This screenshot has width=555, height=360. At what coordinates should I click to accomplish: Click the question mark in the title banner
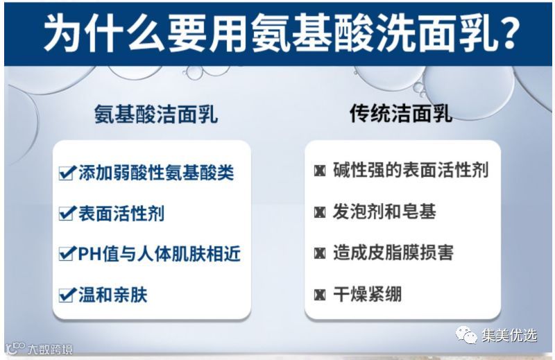pyautogui.click(x=505, y=33)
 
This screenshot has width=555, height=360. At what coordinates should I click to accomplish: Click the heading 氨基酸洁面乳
pyautogui.click(x=155, y=114)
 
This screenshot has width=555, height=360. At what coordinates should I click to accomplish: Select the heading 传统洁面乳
pyautogui.click(x=401, y=113)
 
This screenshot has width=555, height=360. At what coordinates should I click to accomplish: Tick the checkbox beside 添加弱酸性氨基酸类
pyautogui.click(x=67, y=173)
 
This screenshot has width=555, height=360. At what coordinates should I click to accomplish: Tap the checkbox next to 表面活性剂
pyautogui.click(x=67, y=213)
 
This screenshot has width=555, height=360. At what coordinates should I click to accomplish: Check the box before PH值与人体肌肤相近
pyautogui.click(x=67, y=253)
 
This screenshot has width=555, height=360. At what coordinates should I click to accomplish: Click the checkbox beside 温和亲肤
pyautogui.click(x=67, y=295)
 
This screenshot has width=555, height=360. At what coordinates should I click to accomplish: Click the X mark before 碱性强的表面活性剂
pyautogui.click(x=320, y=171)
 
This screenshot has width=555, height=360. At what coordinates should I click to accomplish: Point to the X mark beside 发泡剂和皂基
pyautogui.click(x=320, y=212)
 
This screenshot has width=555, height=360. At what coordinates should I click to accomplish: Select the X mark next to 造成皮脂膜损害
pyautogui.click(x=320, y=253)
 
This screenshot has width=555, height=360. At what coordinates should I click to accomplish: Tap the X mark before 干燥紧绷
pyautogui.click(x=320, y=295)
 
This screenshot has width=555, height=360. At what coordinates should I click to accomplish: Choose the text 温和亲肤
pyautogui.click(x=112, y=295)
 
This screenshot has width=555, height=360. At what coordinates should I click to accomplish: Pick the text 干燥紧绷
pyautogui.click(x=367, y=294)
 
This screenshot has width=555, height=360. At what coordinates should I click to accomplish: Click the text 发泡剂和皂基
pyautogui.click(x=384, y=212)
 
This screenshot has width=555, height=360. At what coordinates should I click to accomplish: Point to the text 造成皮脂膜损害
pyautogui.click(x=393, y=252)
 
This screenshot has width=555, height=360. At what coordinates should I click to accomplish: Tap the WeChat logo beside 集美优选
pyautogui.click(x=466, y=335)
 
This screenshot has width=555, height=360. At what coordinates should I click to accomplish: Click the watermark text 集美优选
pyautogui.click(x=509, y=335)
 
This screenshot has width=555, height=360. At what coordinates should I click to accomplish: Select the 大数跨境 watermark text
pyautogui.click(x=50, y=349)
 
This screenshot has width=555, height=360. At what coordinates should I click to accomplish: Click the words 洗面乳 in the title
pyautogui.click(x=434, y=33)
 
